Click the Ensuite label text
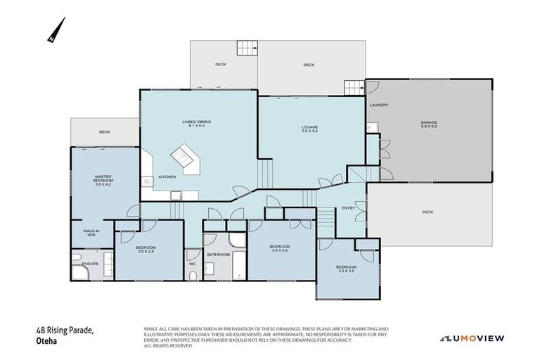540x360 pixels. (x=89, y=264)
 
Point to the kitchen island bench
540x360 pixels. (x=185, y=157)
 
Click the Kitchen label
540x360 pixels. (x=167, y=176)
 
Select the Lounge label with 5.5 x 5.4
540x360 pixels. (x=310, y=129)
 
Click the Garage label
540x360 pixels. (x=429, y=124)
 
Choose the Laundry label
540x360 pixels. (x=379, y=105)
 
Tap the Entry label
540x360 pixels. (x=348, y=208)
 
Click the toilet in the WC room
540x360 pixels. (x=193, y=255)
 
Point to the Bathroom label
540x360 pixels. (x=218, y=254)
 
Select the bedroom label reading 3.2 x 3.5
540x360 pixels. (x=346, y=269)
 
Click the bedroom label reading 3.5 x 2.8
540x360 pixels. (x=146, y=250)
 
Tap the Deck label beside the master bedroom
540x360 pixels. (x=104, y=131)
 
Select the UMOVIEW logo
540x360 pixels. (x=472, y=338)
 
